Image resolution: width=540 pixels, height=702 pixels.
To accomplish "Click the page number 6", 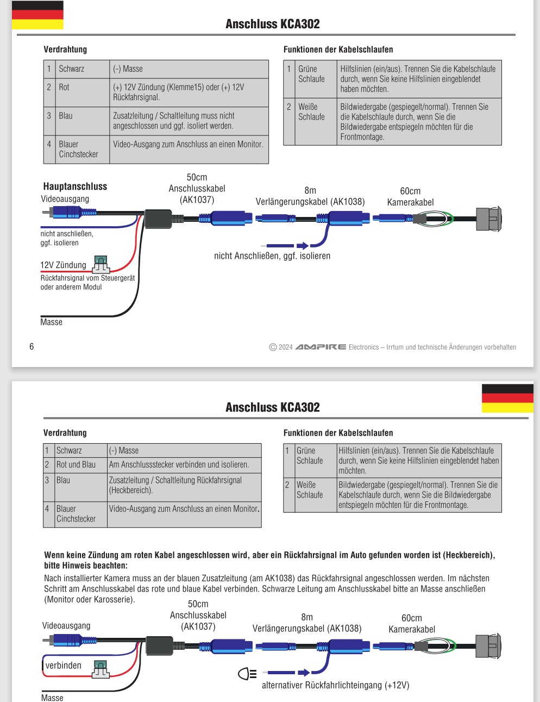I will pos(32,346).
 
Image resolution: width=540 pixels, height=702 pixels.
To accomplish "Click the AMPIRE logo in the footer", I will pos(321,347).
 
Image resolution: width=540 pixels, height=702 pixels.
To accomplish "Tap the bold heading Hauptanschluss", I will pos(75,187).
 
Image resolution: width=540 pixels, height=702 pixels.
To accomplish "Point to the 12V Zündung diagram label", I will pos(63,265).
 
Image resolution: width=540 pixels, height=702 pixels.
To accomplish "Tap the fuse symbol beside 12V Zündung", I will pos(101,264).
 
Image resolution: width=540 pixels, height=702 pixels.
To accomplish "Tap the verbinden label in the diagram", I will pos(63,666).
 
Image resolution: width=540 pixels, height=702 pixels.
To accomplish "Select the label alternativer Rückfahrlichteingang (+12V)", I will pos(335,685).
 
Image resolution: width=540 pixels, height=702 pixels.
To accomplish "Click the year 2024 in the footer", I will pos(286,347).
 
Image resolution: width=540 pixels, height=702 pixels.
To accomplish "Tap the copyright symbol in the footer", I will pos(273,347).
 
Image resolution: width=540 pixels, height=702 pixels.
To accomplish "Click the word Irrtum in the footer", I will pos(395,347).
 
